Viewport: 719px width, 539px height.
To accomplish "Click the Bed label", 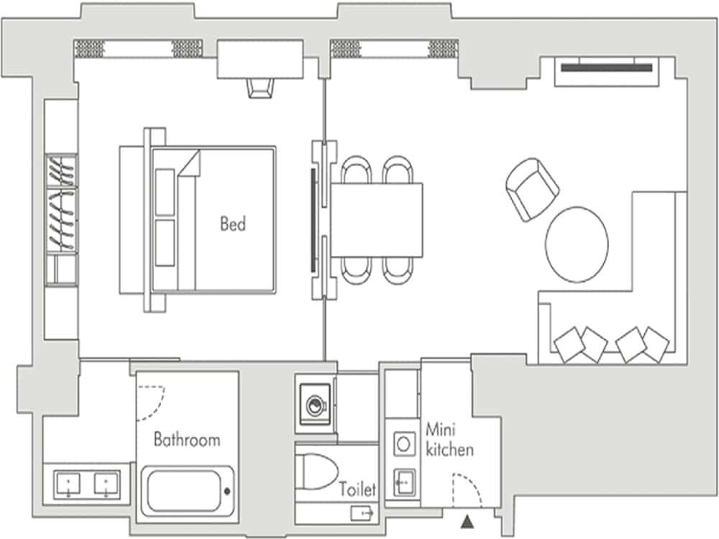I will [232, 224].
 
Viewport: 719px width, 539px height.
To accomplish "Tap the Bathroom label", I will [187, 439].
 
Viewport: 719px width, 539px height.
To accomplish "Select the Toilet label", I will [358, 490].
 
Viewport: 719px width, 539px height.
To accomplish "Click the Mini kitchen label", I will [449, 440].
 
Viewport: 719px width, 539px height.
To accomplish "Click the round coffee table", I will [577, 244].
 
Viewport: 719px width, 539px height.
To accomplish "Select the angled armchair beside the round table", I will [532, 189].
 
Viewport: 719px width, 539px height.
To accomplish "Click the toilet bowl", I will [317, 471].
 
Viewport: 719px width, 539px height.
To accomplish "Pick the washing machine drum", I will [315, 405].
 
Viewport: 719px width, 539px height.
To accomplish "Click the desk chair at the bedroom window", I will [260, 88].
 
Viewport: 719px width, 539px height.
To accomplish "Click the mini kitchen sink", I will [403, 479].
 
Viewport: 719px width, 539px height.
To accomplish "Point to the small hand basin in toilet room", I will [362, 513].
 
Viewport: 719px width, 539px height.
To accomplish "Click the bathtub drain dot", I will [227, 492].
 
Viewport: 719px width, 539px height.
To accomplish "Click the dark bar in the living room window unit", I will [607, 68].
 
